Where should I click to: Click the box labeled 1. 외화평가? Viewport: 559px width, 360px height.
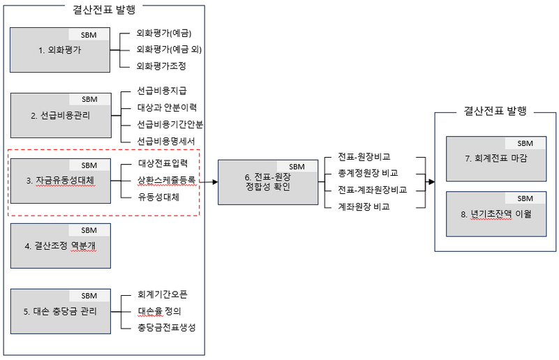[60, 50]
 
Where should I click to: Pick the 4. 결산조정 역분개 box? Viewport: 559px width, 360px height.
[60, 246]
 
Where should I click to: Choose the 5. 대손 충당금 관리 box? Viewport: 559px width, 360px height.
[60, 312]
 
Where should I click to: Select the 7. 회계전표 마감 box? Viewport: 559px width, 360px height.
[496, 158]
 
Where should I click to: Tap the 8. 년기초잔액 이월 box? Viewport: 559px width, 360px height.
[496, 214]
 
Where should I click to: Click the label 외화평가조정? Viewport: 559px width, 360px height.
[162, 66]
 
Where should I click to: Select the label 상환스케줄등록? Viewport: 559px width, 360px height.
[166, 181]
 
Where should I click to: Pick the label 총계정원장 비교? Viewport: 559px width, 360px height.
[363, 173]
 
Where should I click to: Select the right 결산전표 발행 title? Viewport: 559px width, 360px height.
[495, 110]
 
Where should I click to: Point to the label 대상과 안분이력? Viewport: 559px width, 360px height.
[167, 107]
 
